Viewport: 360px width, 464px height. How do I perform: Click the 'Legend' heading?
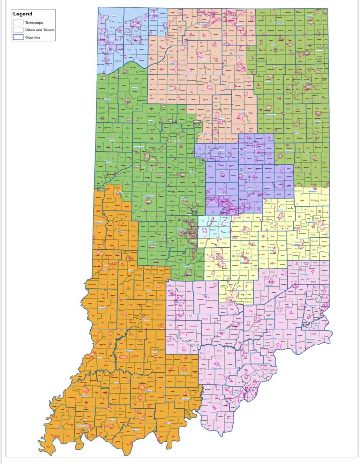pos(23,14)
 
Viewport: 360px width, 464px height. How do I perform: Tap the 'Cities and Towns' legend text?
pos(40,30)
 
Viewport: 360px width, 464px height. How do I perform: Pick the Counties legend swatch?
pos(18,37)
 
